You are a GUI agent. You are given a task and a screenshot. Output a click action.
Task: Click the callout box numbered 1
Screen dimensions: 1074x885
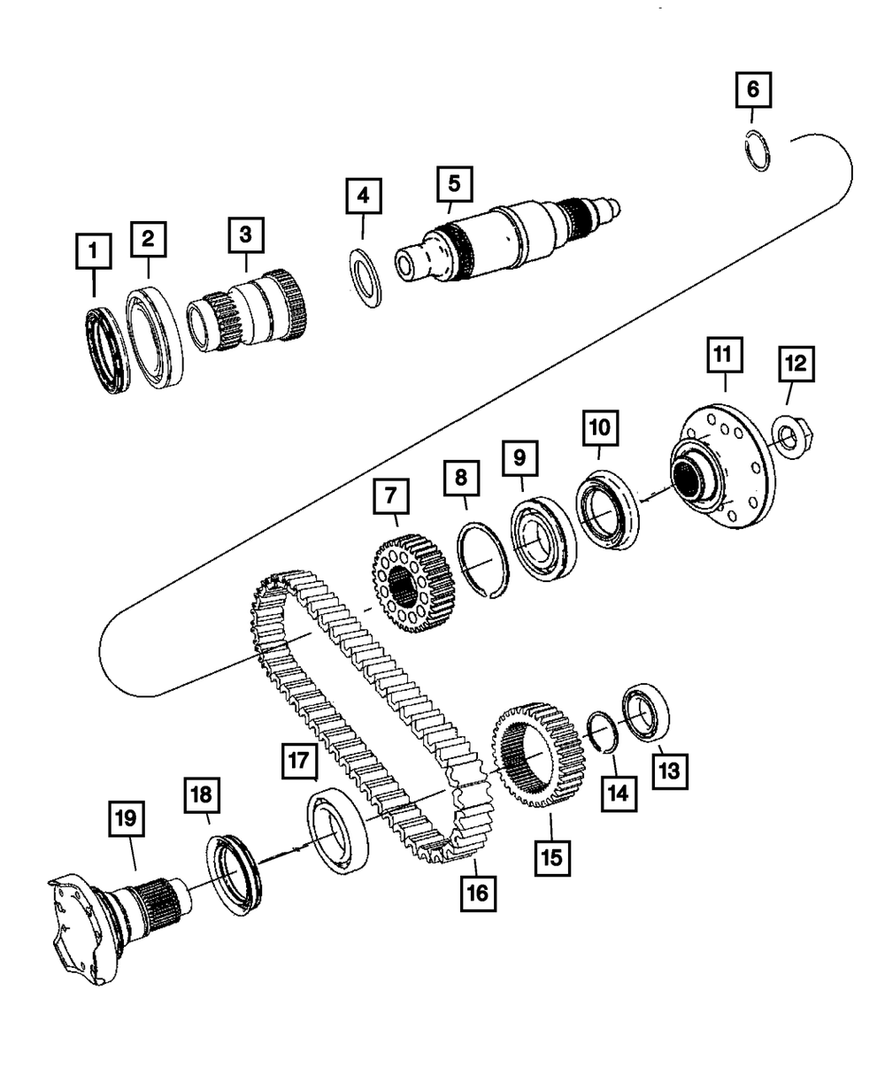pyautogui.click(x=94, y=250)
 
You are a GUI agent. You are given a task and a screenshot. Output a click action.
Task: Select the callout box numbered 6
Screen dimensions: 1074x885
pyautogui.click(x=752, y=88)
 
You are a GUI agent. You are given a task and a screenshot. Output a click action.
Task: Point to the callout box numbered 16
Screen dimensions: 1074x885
pyautogui.click(x=477, y=893)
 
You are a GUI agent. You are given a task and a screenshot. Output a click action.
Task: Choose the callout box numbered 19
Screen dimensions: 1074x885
pyautogui.click(x=127, y=819)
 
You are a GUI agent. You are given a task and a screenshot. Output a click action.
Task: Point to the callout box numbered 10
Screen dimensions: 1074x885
pyautogui.click(x=599, y=428)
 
